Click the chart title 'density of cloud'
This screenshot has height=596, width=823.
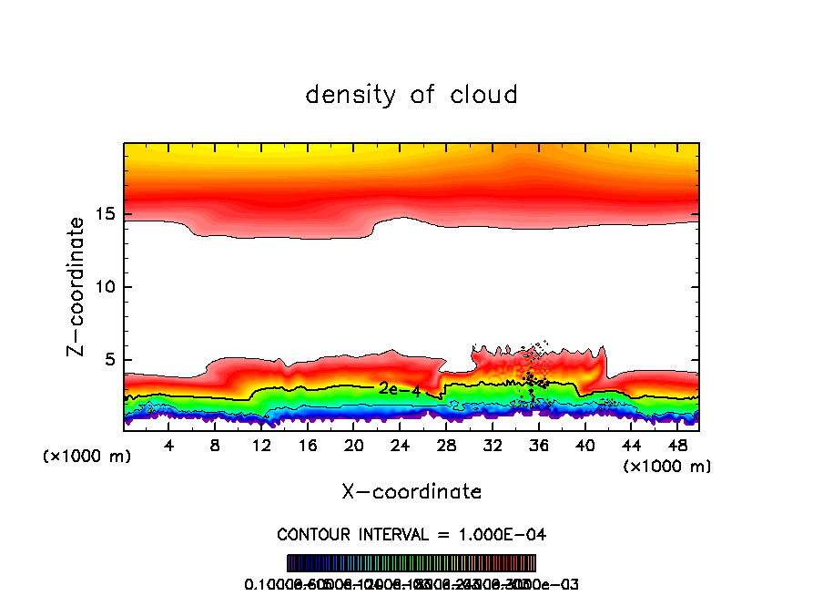pos(411,95)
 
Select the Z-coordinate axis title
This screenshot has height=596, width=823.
pos(78,286)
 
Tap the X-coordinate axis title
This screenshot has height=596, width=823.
pos(411,491)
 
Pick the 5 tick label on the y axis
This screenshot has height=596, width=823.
pos(107,360)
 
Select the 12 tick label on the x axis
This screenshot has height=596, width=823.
pos(262,446)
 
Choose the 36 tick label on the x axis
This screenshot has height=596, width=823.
pos(539,446)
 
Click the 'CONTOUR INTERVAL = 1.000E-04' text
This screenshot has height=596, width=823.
pos(411,534)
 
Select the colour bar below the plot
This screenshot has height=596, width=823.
pos(411,563)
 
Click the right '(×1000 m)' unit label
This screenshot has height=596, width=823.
pos(667,467)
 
